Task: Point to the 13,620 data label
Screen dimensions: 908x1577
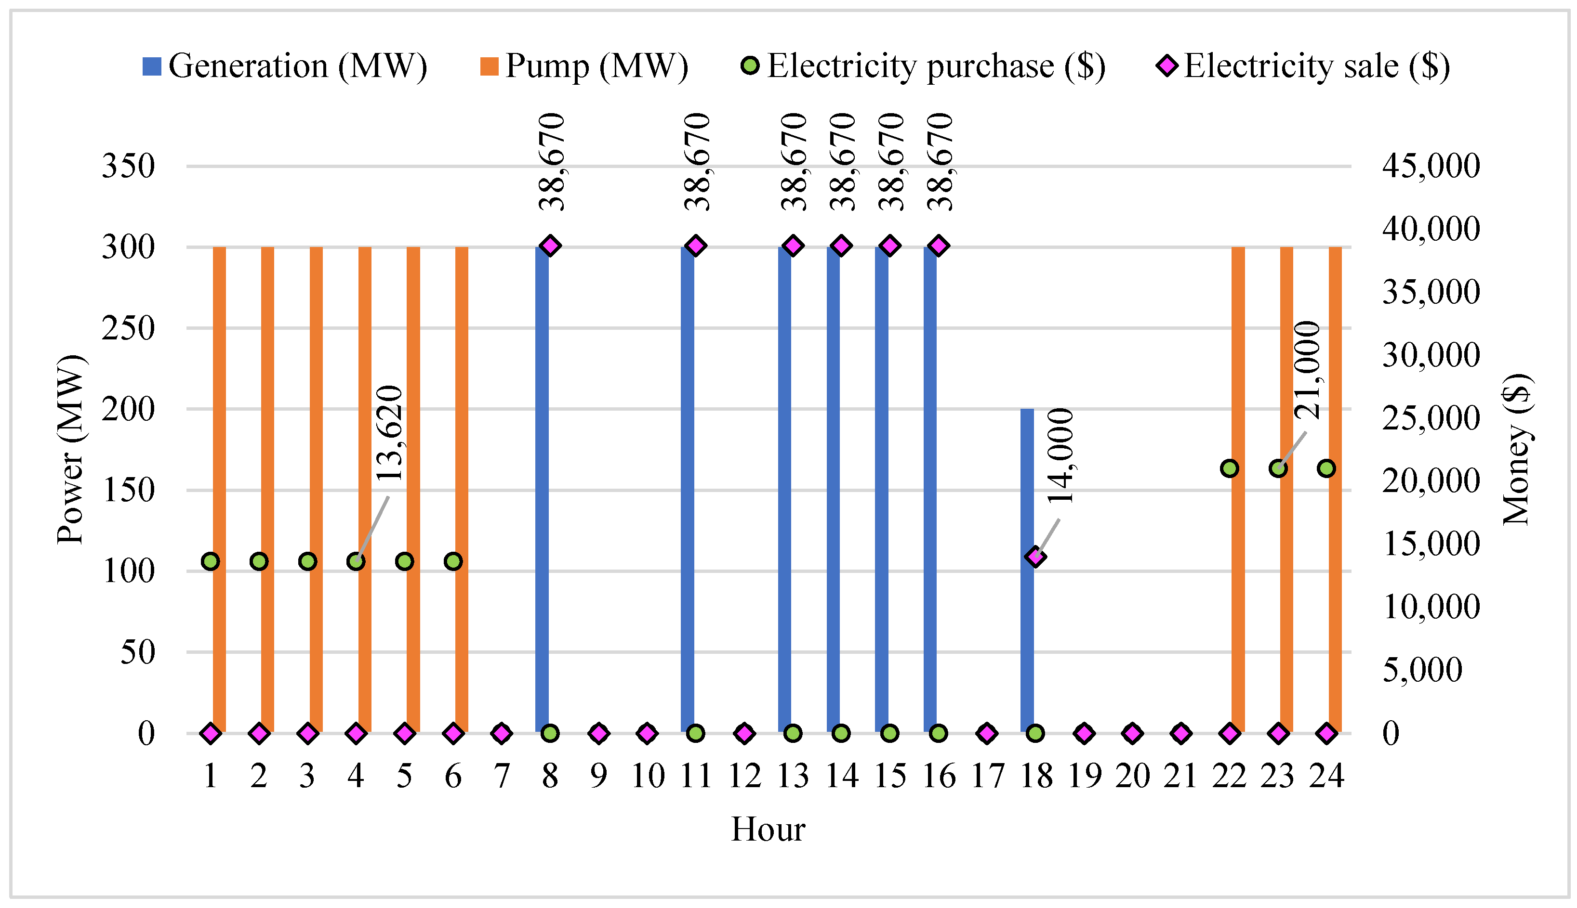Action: coord(389,433)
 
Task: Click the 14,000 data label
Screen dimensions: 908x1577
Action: coord(1060,456)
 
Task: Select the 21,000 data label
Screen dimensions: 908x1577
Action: coord(1307,370)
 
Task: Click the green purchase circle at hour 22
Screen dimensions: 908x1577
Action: coord(1230,468)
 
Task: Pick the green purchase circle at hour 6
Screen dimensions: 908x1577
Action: coord(453,561)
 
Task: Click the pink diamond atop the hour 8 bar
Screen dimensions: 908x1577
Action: coord(550,246)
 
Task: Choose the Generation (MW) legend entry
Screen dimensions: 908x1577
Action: coord(285,66)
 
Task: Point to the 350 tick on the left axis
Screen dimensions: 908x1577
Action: coord(128,167)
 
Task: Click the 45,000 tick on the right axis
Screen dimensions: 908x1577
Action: coord(1431,166)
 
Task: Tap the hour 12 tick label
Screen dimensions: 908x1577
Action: coord(744,777)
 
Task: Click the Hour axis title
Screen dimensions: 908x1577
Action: coord(768,830)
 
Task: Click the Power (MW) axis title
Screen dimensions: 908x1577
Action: coord(70,449)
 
